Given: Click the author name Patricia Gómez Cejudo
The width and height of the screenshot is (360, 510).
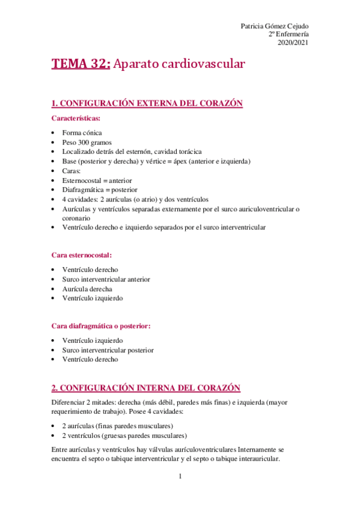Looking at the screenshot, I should click(275, 26).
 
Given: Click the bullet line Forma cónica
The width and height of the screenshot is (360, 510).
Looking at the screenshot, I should click(82, 132).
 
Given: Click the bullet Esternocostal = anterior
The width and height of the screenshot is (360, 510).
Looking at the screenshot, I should click(97, 180).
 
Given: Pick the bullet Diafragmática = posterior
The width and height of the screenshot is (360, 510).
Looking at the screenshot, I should click(99, 190).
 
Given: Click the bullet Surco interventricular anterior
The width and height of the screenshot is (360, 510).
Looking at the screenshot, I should click(106, 279).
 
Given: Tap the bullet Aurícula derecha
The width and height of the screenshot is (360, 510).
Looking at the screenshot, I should click(87, 289).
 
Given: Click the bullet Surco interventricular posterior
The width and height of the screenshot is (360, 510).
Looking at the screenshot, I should click(108, 349).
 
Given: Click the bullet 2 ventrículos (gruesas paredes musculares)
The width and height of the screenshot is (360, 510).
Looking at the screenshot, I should click(124, 435).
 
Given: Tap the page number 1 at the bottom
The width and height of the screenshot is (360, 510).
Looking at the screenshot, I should click(180, 477).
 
